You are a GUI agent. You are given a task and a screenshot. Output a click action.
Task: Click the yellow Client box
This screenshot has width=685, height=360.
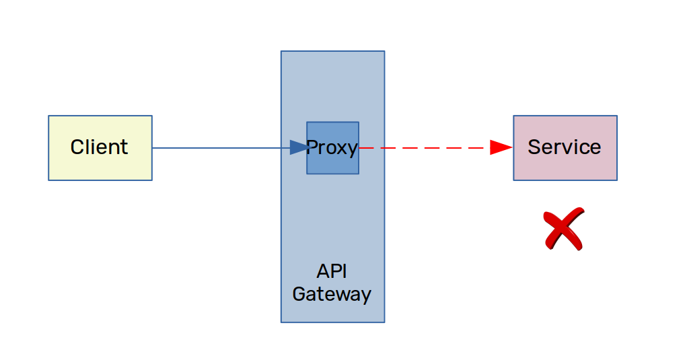point(100,147)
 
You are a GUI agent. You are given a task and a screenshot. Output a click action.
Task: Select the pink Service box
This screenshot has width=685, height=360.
point(565,147)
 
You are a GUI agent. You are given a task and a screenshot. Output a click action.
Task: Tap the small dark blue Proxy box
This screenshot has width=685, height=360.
point(333,147)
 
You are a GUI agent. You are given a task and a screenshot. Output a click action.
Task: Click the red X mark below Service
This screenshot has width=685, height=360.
point(564,229)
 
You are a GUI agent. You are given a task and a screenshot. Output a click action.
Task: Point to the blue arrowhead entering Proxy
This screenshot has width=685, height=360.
point(299,147)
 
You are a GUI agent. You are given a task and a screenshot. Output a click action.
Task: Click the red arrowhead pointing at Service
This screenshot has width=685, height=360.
point(501,147)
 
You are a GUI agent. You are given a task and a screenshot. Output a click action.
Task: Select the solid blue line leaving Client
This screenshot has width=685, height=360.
point(221,147)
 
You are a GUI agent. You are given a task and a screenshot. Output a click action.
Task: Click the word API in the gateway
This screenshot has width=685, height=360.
point(332,271)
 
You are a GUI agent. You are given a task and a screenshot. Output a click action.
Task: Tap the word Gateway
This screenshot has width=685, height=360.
point(332,295)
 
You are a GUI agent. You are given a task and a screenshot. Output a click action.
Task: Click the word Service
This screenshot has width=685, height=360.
point(564,147)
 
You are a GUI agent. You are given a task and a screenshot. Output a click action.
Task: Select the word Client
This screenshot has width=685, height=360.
point(99,147)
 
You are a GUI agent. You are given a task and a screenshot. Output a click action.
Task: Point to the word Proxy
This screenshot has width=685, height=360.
point(332,147)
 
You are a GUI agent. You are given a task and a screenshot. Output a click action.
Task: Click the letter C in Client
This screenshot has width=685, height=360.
point(77,147)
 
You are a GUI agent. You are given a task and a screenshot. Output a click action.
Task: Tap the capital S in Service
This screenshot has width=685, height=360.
point(534,147)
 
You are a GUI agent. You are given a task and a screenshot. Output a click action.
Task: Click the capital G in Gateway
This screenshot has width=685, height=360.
point(299,294)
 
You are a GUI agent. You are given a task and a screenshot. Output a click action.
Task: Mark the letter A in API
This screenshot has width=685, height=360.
point(323,271)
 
